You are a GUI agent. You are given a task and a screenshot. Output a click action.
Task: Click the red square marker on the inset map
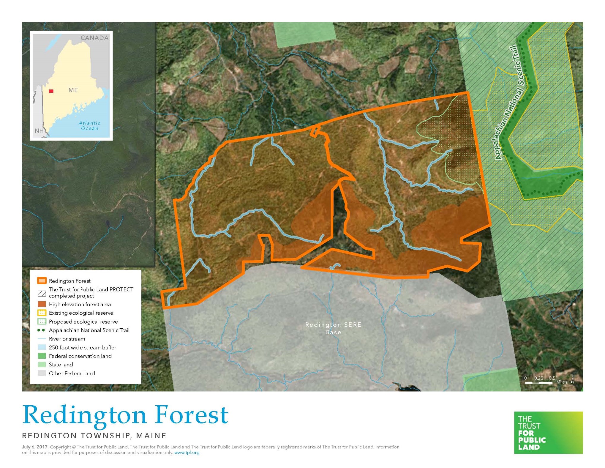tap(51, 91)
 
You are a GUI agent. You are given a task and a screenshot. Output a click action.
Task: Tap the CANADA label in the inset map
tap(94, 38)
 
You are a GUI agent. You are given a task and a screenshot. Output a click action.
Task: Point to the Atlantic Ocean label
tap(90, 126)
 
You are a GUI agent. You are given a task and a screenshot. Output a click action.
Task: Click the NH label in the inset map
tap(39, 131)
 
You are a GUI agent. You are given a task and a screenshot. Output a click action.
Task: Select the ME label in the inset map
tap(73, 90)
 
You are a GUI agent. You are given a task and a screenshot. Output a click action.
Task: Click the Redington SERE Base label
tap(333, 328)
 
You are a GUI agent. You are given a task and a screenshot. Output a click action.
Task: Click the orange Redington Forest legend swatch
tap(42, 281)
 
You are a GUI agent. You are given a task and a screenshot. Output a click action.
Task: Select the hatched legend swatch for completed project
tap(42, 294)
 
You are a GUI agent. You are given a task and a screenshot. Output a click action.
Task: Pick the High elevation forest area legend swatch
tap(42, 304)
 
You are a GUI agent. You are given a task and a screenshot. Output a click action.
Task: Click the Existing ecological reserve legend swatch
tap(42, 313)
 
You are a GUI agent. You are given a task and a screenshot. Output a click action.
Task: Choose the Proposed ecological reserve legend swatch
tap(42, 322)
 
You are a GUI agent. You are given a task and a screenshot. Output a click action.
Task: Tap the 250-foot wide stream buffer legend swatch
tap(42, 347)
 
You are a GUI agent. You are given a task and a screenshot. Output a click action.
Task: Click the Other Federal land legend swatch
tap(42, 373)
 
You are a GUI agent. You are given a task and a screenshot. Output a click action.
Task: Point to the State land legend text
tap(61, 365)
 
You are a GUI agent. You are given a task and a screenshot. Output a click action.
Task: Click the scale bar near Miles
tap(538, 383)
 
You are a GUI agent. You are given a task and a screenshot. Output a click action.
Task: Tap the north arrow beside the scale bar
tap(572, 380)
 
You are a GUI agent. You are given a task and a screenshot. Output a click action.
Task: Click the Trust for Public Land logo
tap(548, 432)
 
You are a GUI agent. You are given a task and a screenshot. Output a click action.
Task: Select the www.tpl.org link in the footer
tap(187, 453)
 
